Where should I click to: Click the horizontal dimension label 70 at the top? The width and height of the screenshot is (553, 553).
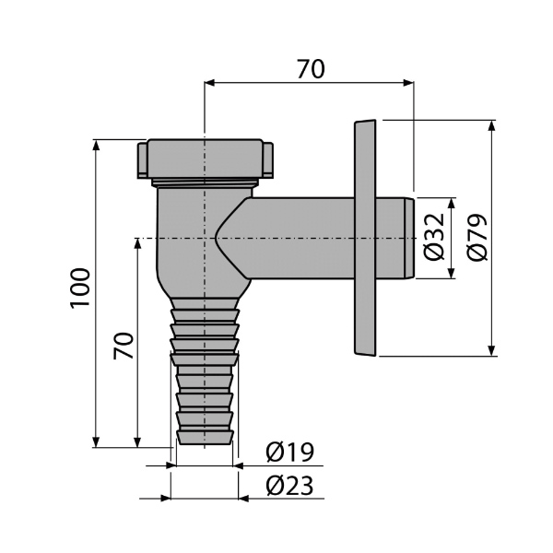pos(311,69)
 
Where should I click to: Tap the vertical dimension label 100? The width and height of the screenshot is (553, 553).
pos(80,288)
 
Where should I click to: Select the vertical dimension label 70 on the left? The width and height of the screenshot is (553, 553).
pos(124,346)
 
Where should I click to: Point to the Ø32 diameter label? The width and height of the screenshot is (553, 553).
pos(433,237)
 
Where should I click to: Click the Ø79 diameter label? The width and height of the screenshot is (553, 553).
pos(477,238)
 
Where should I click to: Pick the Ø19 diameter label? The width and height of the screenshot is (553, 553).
pos(290,452)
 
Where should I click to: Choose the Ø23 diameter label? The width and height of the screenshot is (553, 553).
pos(289,486)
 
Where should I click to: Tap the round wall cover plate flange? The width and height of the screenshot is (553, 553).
pos(365,238)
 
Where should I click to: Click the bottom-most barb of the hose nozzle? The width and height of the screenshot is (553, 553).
pos(205,437)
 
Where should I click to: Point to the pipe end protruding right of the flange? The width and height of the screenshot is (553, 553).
pos(395,238)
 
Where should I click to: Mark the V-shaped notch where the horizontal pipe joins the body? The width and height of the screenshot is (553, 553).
pos(233,238)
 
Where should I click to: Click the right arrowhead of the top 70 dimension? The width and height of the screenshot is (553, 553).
pos(408,83)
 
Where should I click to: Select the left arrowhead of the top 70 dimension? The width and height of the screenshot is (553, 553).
pos(210,83)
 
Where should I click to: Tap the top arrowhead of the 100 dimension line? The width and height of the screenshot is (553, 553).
pos(95,146)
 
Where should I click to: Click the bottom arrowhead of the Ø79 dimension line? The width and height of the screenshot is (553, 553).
pos(491,350)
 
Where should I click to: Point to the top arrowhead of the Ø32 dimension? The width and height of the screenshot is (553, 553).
pos(452,204)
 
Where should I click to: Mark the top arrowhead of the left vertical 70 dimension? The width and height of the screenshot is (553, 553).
pos(137,244)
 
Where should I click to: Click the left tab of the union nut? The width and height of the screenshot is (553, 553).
pos(142,159)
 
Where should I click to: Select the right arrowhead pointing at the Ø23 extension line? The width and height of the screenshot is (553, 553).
pos(243,499)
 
